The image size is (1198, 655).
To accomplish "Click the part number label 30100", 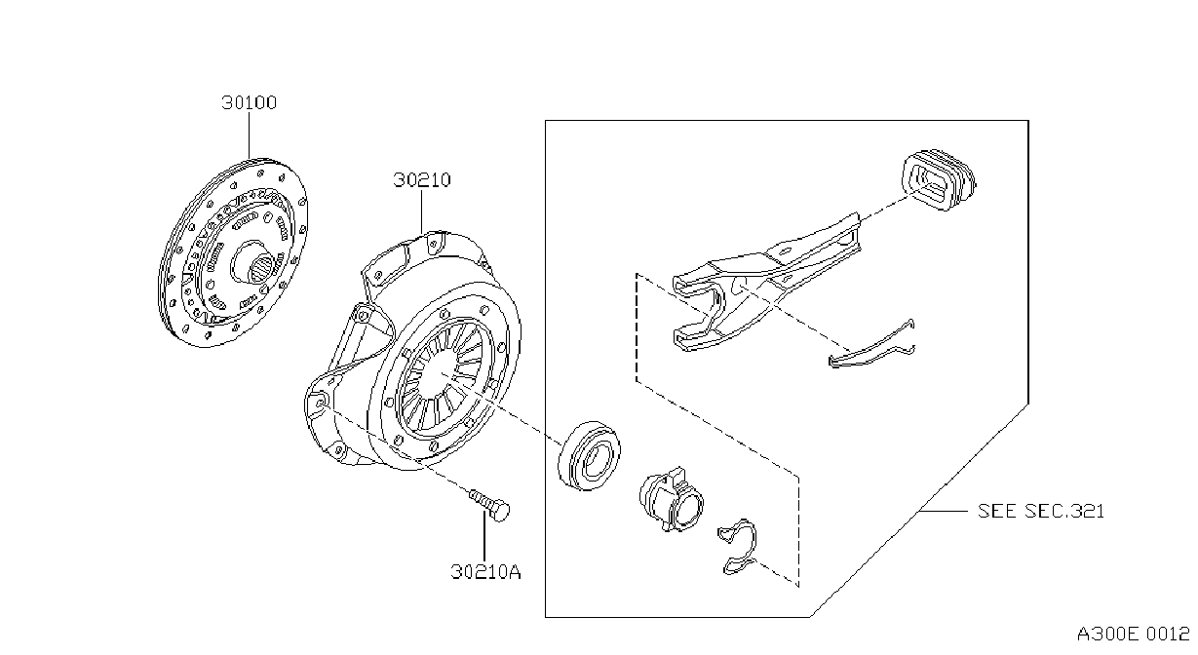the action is click(x=250, y=102).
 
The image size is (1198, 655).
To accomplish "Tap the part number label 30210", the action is click(x=422, y=179).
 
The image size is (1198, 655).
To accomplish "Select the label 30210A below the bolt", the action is click(x=485, y=571).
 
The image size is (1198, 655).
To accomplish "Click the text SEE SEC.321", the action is click(x=1041, y=511).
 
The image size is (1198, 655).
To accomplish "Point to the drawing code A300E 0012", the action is click(x=1133, y=635).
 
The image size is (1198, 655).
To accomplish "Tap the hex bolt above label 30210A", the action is click(x=490, y=504).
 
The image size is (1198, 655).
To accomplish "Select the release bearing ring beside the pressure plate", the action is click(x=589, y=455).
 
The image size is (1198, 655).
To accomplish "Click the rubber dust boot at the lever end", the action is click(x=939, y=179).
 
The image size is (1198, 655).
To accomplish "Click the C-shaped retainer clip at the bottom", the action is click(x=739, y=547).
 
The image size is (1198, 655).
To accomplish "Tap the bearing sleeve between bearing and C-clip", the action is click(x=672, y=499).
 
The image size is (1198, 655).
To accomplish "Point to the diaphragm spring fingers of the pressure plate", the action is click(x=441, y=376).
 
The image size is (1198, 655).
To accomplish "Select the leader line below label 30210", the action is click(x=421, y=212).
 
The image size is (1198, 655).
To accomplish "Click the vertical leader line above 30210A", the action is click(x=484, y=536).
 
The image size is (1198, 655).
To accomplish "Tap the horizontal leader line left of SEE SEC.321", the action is click(x=943, y=511).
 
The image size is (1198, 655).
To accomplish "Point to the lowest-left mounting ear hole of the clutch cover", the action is click(x=320, y=403).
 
